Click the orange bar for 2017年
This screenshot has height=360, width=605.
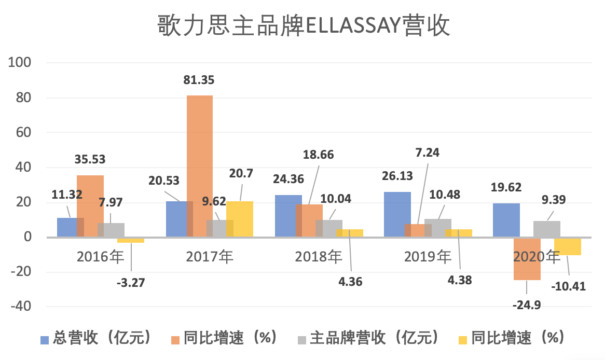199,166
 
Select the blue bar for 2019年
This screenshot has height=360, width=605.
397,214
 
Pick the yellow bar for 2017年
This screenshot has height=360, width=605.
240,219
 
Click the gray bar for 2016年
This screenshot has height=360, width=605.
111,230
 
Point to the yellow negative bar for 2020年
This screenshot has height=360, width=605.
568,246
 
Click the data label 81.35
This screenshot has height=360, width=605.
199,80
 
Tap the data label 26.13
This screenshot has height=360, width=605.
397,176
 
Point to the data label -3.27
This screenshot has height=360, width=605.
131,283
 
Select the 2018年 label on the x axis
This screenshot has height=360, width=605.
319,256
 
